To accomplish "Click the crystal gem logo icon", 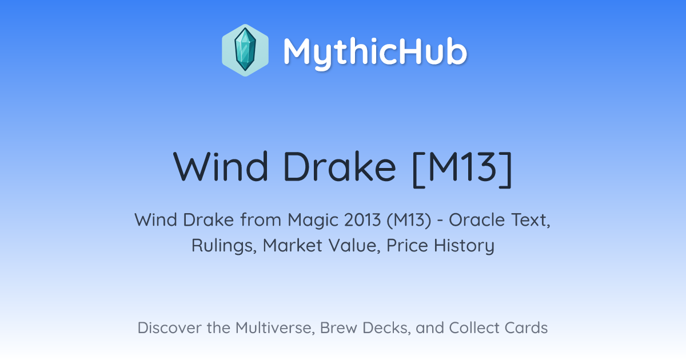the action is pyautogui.click(x=245, y=50).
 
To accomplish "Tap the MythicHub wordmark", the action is pyautogui.click(x=375, y=52).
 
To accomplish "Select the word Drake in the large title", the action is pyautogui.click(x=340, y=167).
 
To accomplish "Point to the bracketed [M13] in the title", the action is pyautogui.click(x=462, y=169).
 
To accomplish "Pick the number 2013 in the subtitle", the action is pyautogui.click(x=362, y=220).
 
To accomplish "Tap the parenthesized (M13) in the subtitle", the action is pyautogui.click(x=409, y=221).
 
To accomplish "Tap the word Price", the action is pyautogui.click(x=407, y=245).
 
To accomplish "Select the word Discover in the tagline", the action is pyautogui.click(x=170, y=328).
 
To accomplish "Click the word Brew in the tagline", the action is pyautogui.click(x=338, y=328).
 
